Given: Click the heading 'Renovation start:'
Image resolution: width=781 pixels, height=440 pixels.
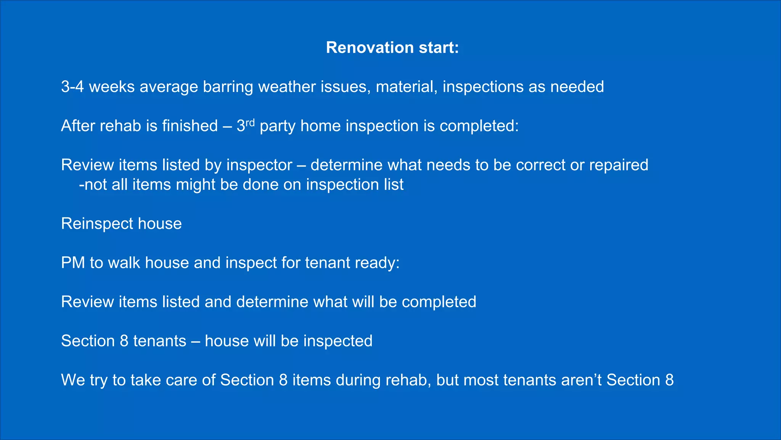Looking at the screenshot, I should coord(392,48).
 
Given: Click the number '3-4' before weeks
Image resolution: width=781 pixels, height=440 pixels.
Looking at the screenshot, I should coord(72,87).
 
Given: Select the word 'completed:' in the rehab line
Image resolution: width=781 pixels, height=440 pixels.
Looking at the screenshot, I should coord(479,126).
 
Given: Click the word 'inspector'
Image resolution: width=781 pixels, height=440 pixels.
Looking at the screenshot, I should coord(259,165).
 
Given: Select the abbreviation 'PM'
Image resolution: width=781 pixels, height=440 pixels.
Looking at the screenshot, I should coord(73,263).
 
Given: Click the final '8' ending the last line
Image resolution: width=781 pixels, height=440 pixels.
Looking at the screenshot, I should coord(669,380).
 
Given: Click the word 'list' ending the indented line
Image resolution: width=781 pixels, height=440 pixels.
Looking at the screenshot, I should coord(394,184).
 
